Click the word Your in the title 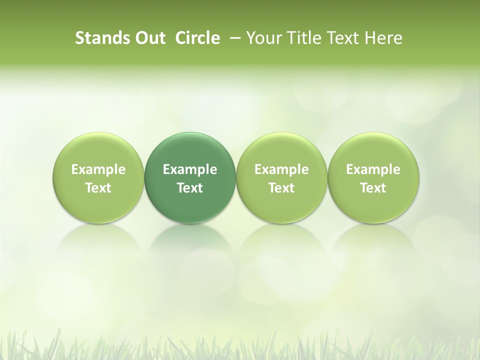(262, 38)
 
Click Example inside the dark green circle (190, 169)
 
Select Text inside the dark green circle (190, 188)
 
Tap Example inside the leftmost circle (98, 169)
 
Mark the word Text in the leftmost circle (98, 188)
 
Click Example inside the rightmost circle (373, 169)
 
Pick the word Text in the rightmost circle (373, 188)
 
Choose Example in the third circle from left (281, 169)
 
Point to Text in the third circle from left (281, 188)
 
